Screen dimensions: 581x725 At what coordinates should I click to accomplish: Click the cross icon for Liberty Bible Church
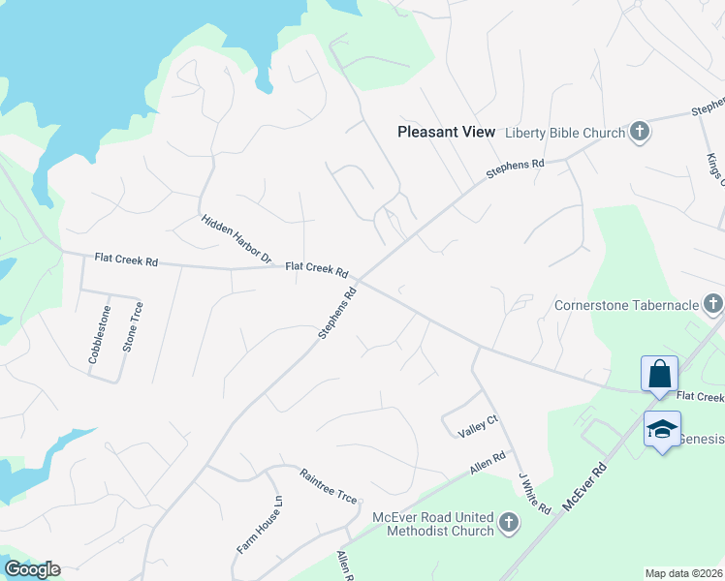coord(639,132)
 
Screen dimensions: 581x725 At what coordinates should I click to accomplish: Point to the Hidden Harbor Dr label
coord(236,239)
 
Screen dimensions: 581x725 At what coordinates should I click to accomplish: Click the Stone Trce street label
coord(132,326)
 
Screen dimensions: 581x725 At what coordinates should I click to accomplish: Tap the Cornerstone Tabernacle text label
coord(626,306)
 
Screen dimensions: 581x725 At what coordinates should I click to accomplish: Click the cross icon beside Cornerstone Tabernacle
coord(712,306)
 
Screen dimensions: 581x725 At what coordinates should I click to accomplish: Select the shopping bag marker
coord(659,374)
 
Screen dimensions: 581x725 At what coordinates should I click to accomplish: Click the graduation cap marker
coord(663,429)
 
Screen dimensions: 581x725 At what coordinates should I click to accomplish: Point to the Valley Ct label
coord(477,422)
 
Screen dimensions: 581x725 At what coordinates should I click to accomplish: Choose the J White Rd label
coord(534,493)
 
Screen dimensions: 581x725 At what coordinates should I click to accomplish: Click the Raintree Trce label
coord(328,486)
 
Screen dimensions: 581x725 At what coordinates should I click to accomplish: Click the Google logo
coord(31,569)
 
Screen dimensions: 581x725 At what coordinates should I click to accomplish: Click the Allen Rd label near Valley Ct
coord(488,463)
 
